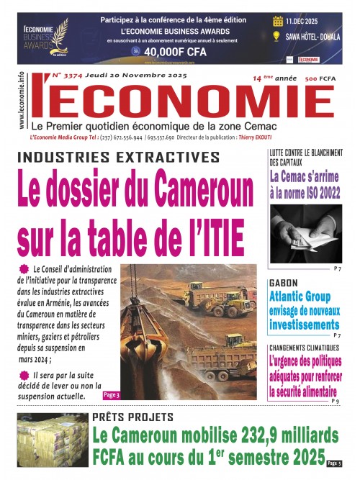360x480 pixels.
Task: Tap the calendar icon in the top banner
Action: [x=278, y=22]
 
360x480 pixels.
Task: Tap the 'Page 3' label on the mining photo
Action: [x=112, y=394]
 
